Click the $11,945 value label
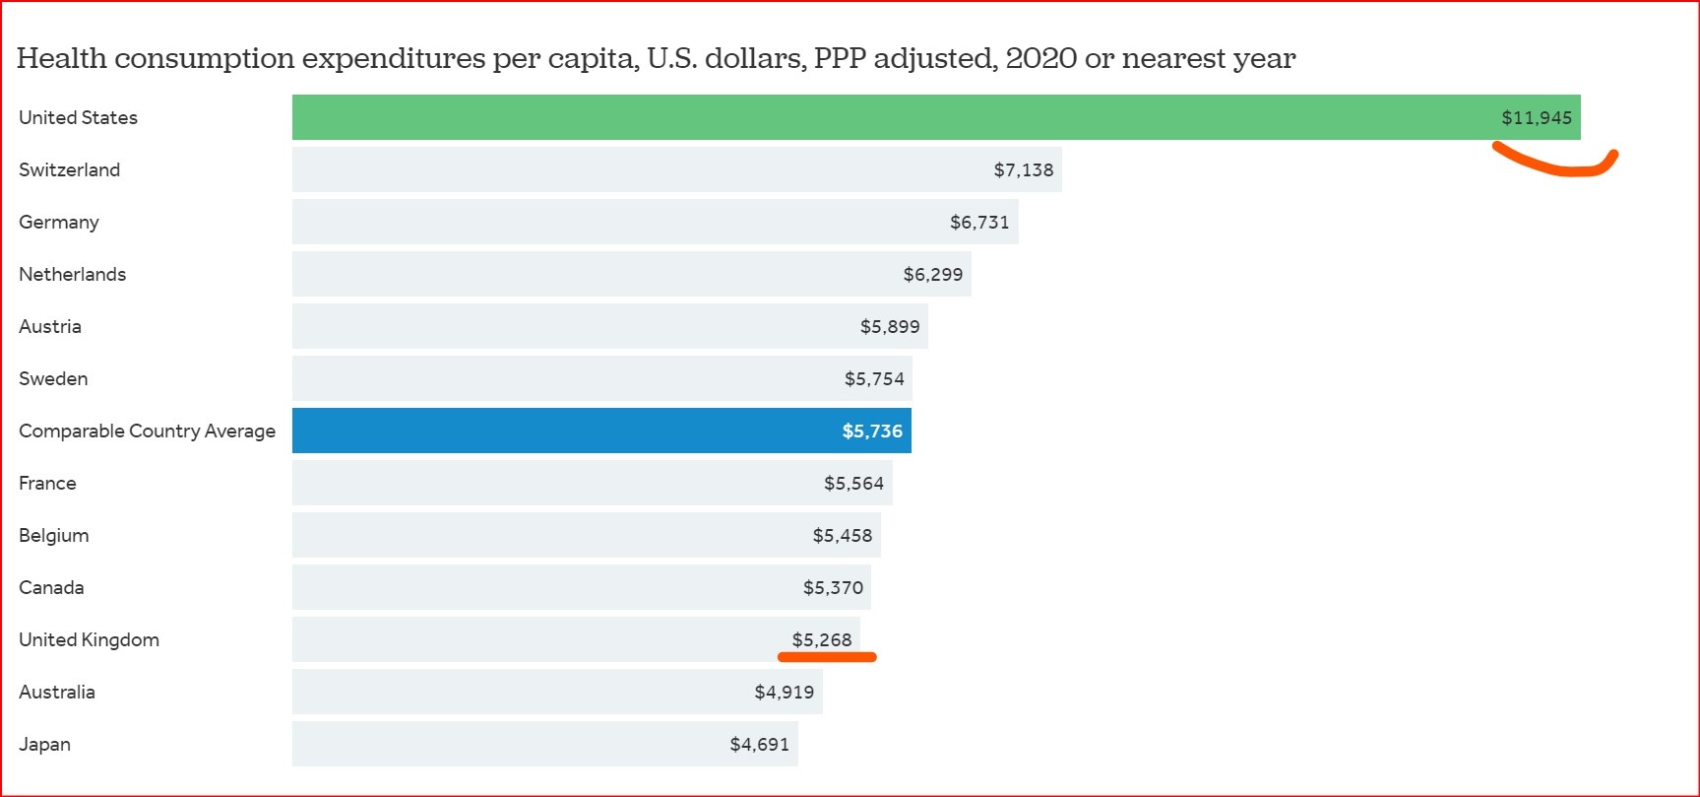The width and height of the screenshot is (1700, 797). click(x=1536, y=118)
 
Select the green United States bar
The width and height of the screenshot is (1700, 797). click(x=886, y=117)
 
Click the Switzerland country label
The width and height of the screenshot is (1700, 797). click(x=69, y=169)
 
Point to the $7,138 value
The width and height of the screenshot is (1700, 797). click(x=1023, y=170)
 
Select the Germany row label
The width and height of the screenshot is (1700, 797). click(x=59, y=223)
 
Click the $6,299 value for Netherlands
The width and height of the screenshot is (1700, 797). click(x=932, y=275)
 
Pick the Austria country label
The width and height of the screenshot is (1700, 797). click(x=50, y=326)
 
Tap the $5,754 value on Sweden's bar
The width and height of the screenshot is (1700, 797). click(x=873, y=379)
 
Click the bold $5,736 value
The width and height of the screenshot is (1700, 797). click(x=871, y=432)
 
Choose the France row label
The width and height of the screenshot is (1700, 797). click(x=47, y=483)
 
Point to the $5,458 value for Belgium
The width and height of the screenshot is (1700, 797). click(x=842, y=536)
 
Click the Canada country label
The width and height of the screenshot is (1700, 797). click(x=51, y=587)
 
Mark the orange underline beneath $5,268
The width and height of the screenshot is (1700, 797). click(x=827, y=657)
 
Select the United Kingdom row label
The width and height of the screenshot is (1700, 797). click(x=89, y=639)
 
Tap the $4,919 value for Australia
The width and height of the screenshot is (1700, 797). click(x=784, y=693)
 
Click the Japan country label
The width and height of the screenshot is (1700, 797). click(x=44, y=745)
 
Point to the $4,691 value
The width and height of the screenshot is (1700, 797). click(x=759, y=745)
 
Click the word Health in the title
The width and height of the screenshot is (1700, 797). click(x=61, y=58)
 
